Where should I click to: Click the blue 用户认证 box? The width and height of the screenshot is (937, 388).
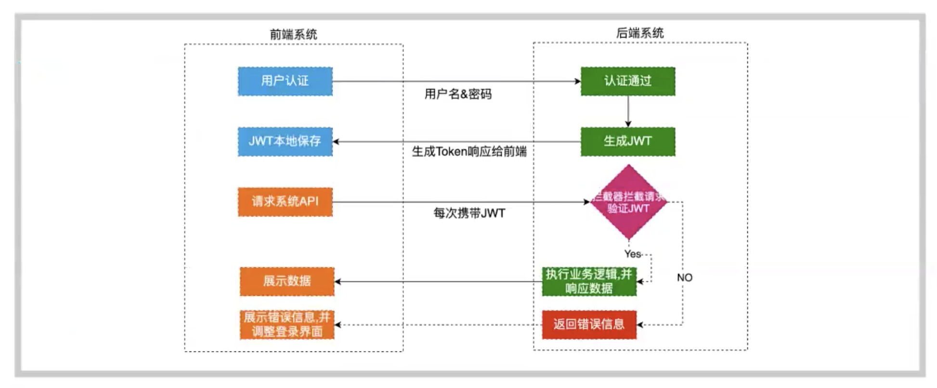click(285, 81)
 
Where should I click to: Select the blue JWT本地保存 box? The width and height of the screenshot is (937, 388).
click(285, 142)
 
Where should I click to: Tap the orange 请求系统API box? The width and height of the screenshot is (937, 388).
click(285, 202)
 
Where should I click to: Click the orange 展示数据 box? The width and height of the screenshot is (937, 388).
click(287, 281)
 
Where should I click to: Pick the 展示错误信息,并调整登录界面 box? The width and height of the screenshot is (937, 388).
click(287, 324)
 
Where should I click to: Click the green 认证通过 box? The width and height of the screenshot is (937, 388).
click(628, 81)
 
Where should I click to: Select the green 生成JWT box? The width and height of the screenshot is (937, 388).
click(628, 142)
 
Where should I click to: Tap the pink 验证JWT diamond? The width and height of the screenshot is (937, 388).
click(628, 202)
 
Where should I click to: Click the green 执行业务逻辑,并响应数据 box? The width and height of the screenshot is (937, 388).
click(589, 282)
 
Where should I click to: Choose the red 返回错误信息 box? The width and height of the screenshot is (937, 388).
click(589, 324)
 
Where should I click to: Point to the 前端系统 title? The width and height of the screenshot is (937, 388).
click(293, 34)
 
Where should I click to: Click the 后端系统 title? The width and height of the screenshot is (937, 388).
click(640, 33)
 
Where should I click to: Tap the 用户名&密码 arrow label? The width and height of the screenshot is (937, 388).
click(458, 94)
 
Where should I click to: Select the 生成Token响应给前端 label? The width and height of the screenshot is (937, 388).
click(469, 152)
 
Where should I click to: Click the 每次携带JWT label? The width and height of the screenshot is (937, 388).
click(469, 213)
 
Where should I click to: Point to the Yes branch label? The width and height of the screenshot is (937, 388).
click(632, 254)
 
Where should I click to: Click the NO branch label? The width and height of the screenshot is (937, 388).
click(684, 277)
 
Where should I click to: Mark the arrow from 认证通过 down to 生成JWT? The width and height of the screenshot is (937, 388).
click(628, 112)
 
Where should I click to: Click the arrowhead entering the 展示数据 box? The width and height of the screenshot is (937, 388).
click(338, 282)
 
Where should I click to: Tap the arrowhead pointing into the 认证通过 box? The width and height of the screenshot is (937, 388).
click(577, 81)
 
